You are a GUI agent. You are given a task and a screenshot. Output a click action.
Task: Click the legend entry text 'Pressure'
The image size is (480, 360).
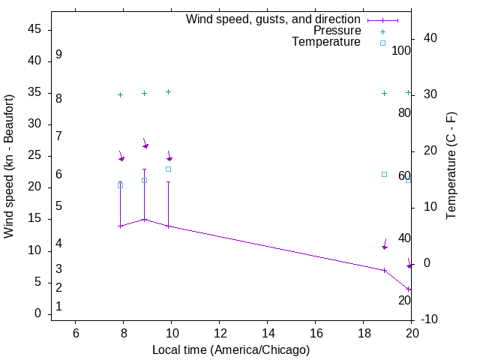(337, 31)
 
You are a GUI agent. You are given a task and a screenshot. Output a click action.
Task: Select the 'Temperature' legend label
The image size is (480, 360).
(326, 42)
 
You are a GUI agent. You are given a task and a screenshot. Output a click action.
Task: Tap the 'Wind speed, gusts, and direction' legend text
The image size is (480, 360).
(274, 19)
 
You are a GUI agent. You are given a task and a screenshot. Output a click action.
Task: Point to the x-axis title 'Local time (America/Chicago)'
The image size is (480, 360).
(231, 349)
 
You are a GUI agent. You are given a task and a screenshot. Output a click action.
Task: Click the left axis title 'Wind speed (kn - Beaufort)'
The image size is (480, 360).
(9, 166)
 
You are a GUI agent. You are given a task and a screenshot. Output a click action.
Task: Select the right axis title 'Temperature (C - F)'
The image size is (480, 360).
(451, 166)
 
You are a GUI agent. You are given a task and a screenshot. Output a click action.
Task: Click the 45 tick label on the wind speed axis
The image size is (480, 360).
(34, 30)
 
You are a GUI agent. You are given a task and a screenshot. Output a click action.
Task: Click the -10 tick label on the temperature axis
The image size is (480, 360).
(430, 319)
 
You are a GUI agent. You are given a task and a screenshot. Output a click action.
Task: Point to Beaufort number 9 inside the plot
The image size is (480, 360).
(58, 55)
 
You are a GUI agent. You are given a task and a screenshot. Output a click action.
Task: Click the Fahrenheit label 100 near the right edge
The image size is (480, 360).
(402, 51)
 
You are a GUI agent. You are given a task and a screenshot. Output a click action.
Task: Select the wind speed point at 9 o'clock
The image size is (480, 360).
(145, 219)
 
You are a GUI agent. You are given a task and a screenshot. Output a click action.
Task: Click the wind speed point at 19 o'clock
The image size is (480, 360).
(385, 270)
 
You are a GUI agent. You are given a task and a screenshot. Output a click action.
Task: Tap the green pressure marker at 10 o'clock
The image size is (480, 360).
(169, 91)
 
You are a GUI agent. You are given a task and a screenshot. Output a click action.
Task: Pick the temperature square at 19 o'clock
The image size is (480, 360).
(385, 174)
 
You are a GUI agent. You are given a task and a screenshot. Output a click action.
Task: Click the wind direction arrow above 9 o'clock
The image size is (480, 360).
(145, 143)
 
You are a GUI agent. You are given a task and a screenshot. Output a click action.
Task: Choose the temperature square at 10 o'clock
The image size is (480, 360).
(169, 169)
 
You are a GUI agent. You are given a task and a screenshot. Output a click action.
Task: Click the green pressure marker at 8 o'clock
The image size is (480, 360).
(120, 94)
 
